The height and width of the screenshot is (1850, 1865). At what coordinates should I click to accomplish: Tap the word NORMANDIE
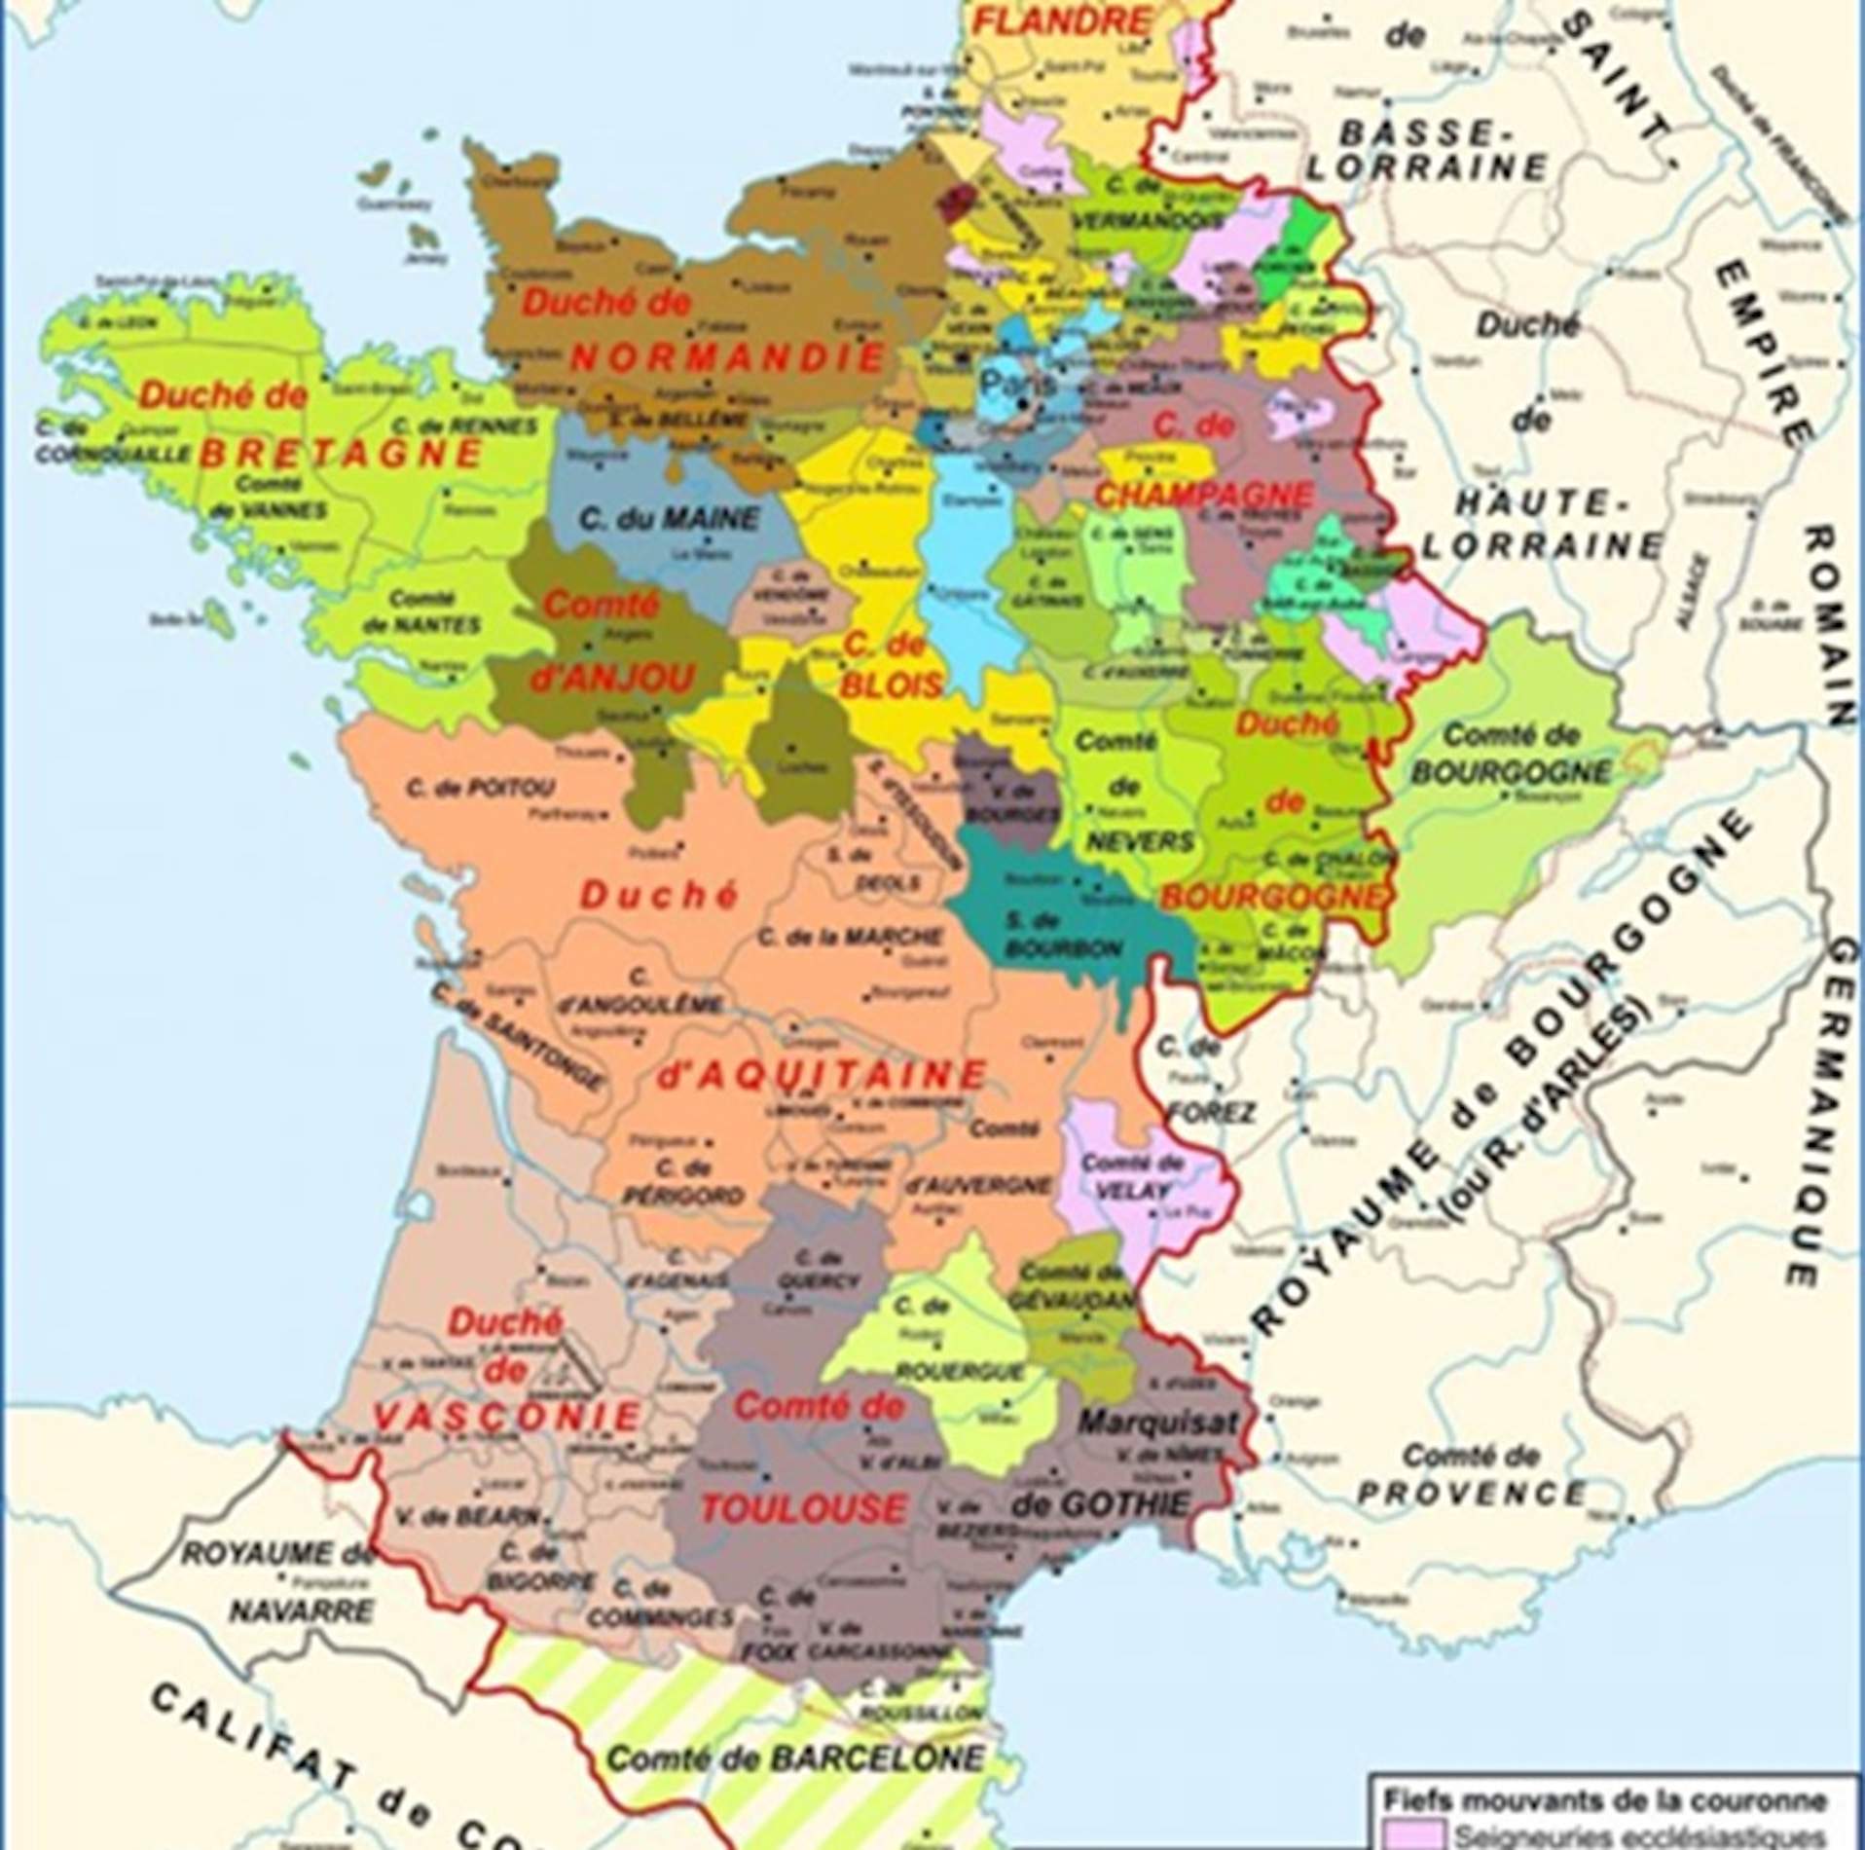click(726, 358)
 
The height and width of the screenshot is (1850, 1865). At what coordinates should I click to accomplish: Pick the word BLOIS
click(893, 684)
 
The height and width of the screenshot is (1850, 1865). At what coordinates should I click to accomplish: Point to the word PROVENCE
click(1471, 1492)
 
